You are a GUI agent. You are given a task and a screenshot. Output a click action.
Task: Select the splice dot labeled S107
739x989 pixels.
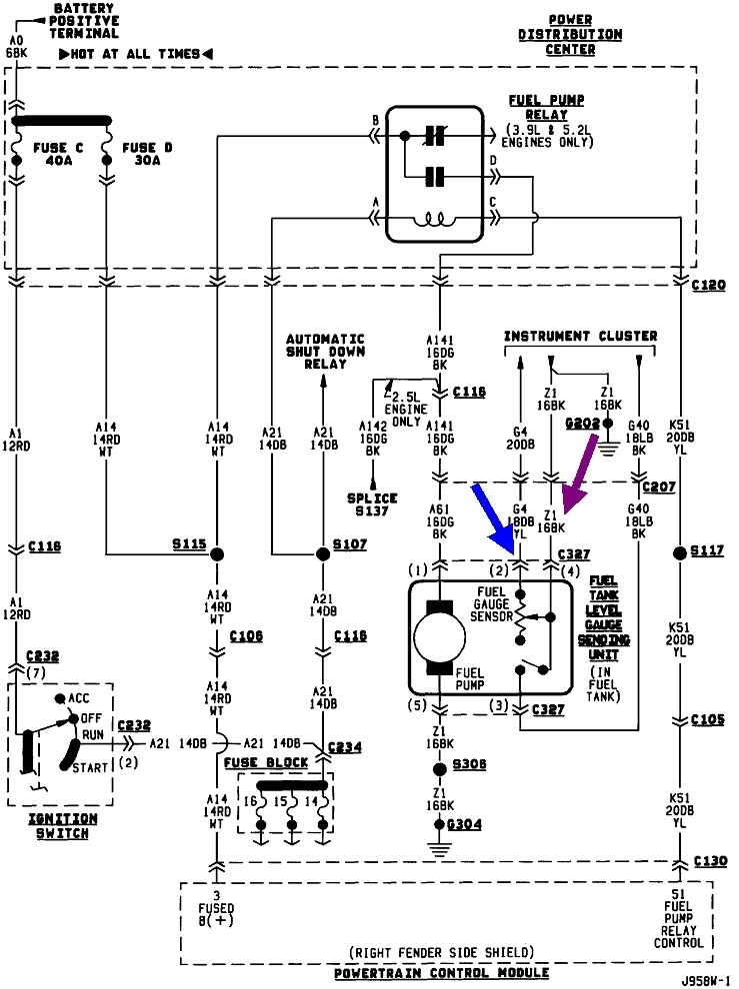(321, 554)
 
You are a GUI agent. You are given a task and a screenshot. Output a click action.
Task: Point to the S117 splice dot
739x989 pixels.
(680, 552)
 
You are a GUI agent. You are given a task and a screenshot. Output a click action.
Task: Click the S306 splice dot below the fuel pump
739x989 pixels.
(438, 769)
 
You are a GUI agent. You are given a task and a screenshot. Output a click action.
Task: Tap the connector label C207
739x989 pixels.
(659, 488)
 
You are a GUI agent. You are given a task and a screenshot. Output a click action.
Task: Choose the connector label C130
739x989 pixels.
(709, 862)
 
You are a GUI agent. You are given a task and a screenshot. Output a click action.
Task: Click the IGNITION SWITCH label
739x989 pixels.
(60, 824)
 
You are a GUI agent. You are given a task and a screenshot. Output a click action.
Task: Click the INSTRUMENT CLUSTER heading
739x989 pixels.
(580, 337)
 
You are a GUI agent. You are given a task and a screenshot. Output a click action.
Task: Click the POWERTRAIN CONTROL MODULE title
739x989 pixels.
(440, 972)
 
